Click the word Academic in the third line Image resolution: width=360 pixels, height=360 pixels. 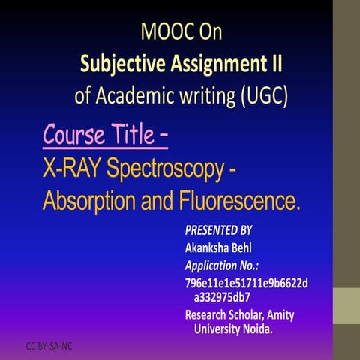click(x=153, y=96)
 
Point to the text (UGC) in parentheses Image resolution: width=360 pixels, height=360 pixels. click(x=260, y=96)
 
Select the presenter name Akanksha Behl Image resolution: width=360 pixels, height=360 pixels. click(x=223, y=247)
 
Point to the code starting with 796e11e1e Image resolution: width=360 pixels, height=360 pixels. click(x=246, y=282)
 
